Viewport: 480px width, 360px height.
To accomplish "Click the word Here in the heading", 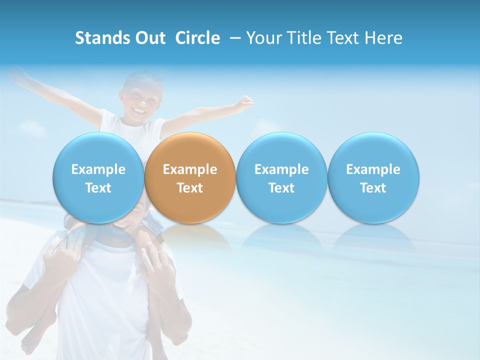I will (384, 38).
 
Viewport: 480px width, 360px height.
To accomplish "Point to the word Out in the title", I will (149, 38).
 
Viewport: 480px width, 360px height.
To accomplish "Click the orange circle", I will (190, 178).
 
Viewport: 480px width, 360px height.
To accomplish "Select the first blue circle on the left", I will (98, 178).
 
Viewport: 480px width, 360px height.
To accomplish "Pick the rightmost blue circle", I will (373, 178).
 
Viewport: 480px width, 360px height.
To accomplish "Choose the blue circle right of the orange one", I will (281, 178).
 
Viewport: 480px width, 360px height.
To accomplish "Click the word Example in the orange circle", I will (190, 169).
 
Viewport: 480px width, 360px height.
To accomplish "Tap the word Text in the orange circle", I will (190, 188).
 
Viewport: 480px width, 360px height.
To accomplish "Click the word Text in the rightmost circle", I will (373, 188).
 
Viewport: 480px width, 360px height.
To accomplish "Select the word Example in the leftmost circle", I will (98, 169).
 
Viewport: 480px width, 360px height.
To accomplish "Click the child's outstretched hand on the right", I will (245, 104).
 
